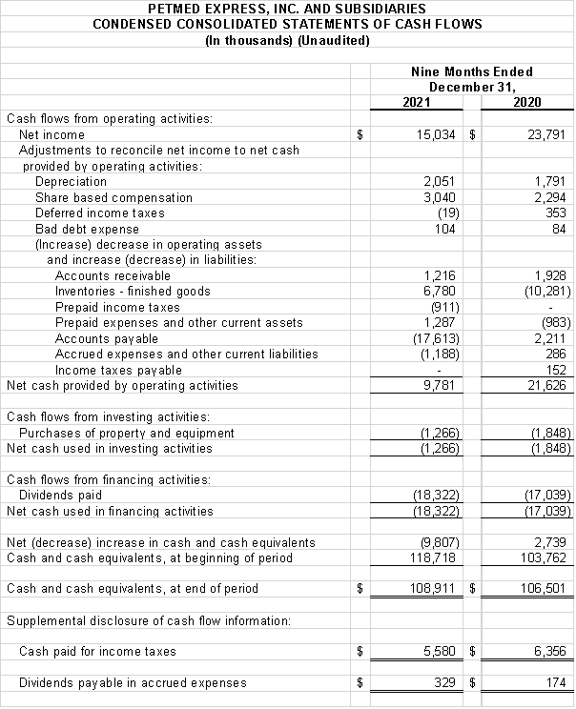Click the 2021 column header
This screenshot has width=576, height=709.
click(416, 103)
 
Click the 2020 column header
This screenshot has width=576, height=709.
click(526, 103)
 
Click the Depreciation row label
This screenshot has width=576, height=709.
click(71, 182)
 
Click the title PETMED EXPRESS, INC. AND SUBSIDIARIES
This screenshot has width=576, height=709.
click(287, 9)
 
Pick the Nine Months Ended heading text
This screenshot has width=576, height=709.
click(471, 71)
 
